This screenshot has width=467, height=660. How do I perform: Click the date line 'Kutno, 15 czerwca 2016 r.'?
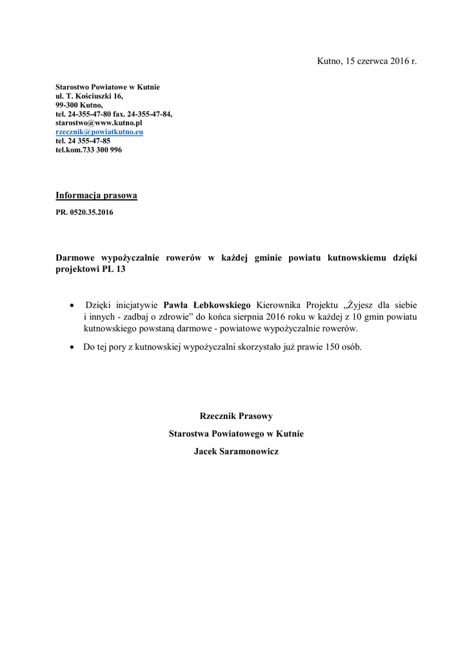[x=366, y=61]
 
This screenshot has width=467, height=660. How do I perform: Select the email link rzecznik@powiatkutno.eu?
[x=99, y=131]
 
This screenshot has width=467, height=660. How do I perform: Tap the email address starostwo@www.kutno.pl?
[x=99, y=122]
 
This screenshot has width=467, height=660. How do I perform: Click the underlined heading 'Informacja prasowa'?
[x=96, y=195]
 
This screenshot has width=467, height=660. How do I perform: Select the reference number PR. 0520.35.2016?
[x=84, y=212]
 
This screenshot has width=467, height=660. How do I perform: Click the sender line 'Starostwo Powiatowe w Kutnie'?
[x=108, y=87]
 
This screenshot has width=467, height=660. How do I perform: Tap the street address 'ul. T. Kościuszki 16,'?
[x=89, y=95]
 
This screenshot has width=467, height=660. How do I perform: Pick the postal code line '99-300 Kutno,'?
[x=79, y=104]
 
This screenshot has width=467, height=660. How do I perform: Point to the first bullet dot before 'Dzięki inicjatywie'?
[x=72, y=304]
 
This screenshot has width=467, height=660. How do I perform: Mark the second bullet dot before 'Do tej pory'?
[x=72, y=347]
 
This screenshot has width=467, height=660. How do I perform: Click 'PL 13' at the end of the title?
[x=113, y=270]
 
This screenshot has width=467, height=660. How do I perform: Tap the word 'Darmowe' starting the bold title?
[x=75, y=258]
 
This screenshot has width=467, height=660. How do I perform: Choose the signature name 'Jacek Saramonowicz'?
[x=236, y=452]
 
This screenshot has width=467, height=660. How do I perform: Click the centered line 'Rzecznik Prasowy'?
[x=236, y=416]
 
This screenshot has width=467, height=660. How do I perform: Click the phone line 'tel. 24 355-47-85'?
[x=83, y=141]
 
